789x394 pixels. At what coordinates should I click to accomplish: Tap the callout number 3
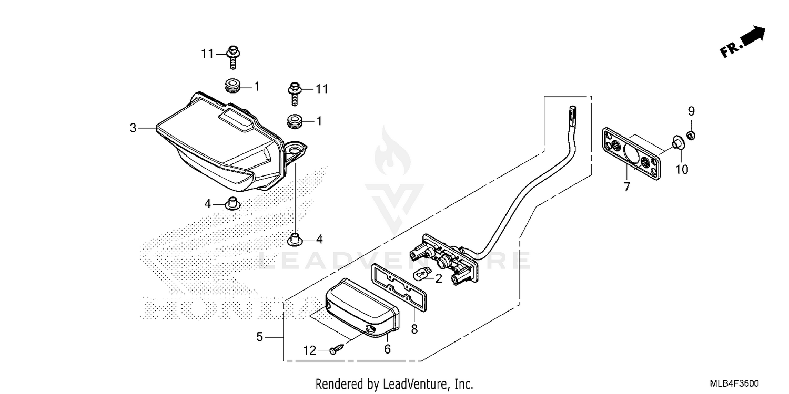(134, 128)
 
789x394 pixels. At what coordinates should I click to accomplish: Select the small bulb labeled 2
(421, 274)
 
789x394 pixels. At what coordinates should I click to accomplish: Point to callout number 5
(259, 337)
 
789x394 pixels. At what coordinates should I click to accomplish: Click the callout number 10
(682, 169)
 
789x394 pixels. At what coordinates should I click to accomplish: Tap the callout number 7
(626, 186)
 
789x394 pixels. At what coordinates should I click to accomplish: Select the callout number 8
(414, 329)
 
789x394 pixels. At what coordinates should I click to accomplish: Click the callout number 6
(387, 348)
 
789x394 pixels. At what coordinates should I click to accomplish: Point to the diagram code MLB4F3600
(735, 384)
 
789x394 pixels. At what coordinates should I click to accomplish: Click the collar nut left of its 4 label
(231, 203)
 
